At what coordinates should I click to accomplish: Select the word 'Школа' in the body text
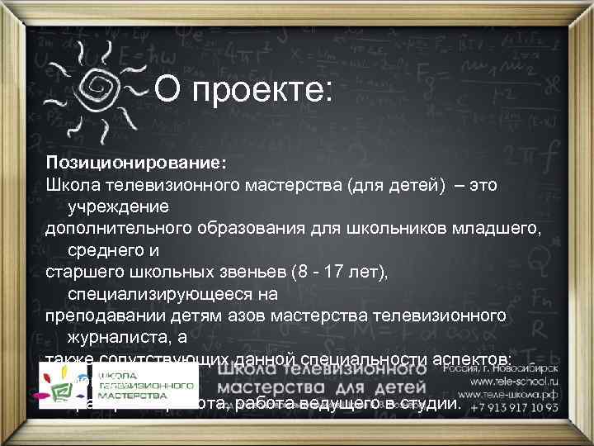(72, 184)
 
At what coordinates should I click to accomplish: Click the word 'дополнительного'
(111, 228)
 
